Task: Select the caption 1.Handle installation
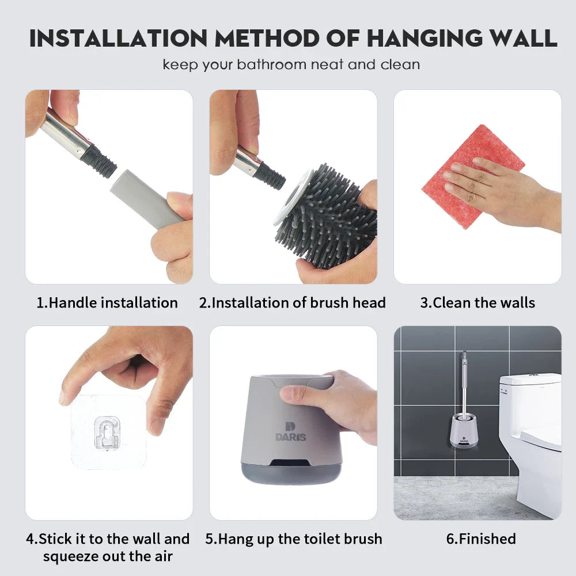click(107, 302)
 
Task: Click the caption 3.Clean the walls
click(477, 302)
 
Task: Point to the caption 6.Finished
click(481, 539)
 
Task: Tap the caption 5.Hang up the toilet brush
click(294, 539)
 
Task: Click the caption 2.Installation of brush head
click(293, 302)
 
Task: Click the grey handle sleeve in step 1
click(144, 202)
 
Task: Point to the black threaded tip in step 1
click(99, 162)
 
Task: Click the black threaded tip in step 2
click(270, 176)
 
